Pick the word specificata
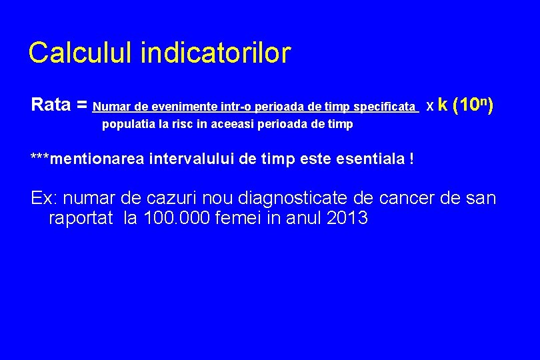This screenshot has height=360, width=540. [385, 107]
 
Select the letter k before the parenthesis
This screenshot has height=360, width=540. [443, 105]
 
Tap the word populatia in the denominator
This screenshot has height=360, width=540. [125, 125]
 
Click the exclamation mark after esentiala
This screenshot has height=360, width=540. [411, 159]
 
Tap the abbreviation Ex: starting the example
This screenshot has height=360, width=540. [43, 199]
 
